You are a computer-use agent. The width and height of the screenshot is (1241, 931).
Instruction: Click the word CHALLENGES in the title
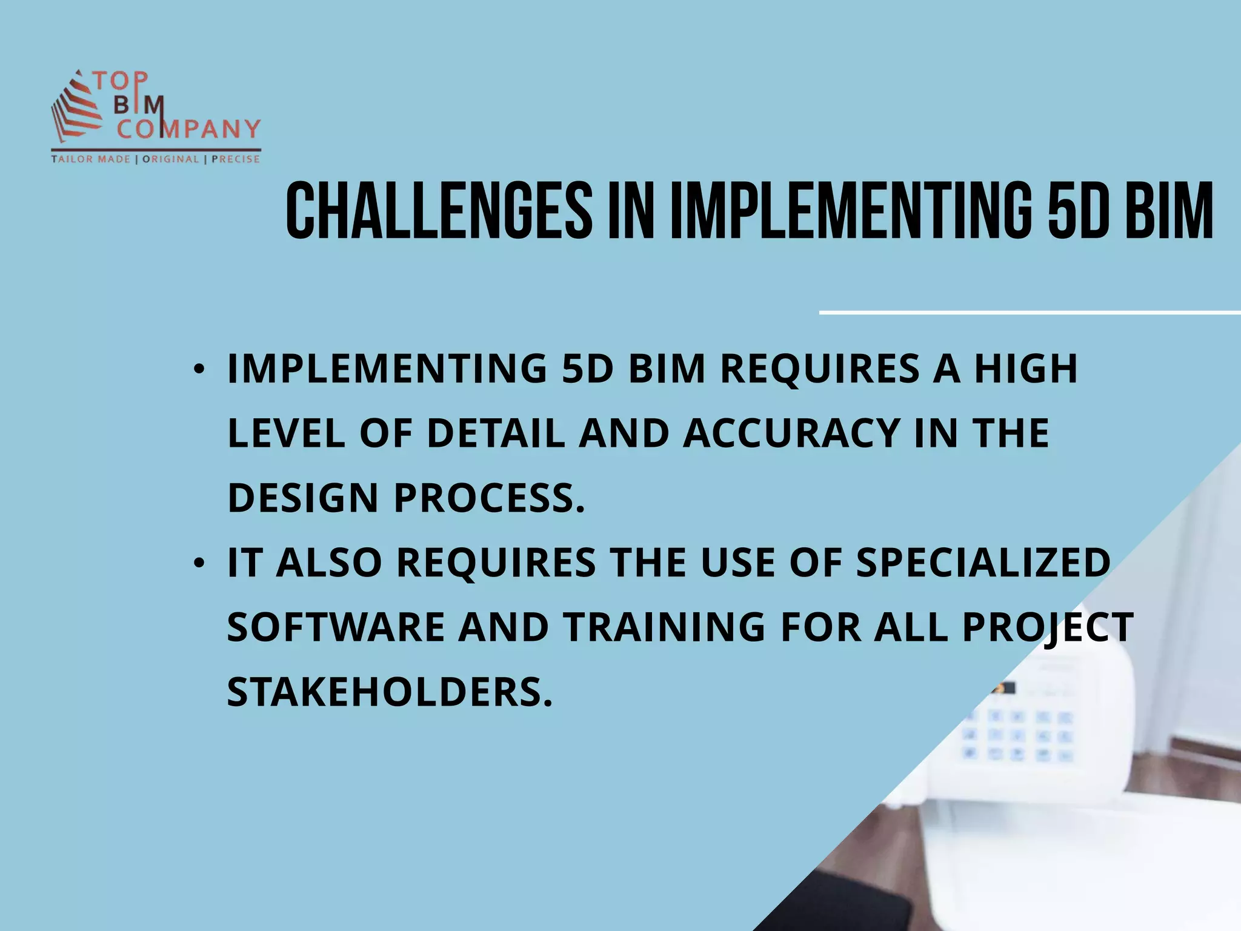pos(438,210)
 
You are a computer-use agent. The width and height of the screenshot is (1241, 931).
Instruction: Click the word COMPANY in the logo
pos(188,129)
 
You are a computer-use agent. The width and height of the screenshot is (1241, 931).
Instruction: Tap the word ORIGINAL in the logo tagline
pos(170,159)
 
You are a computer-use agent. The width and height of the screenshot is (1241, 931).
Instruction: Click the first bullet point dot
pos(198,369)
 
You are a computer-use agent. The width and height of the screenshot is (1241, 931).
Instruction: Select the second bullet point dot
pos(198,564)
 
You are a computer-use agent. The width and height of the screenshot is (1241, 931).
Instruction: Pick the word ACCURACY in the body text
pos(791,433)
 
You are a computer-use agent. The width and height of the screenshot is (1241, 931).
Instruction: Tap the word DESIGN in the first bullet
pos(303,498)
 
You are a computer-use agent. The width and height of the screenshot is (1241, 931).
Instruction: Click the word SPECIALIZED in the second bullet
pos(983,562)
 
